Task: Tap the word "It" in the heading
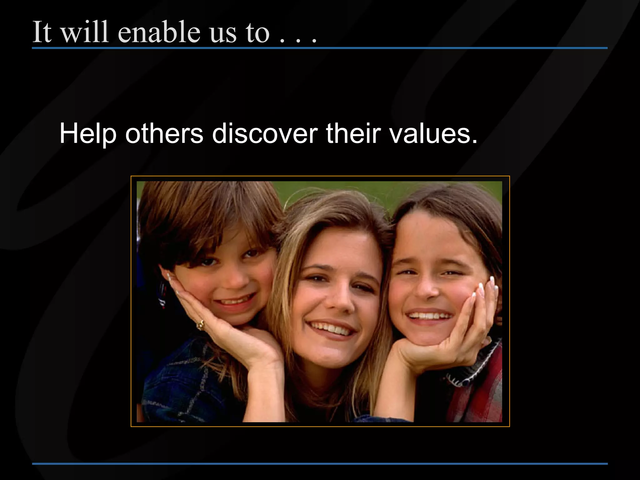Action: (x=42, y=32)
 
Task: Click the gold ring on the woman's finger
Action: (x=200, y=325)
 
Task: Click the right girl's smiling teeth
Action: (x=430, y=316)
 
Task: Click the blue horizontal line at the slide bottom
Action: (x=320, y=464)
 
